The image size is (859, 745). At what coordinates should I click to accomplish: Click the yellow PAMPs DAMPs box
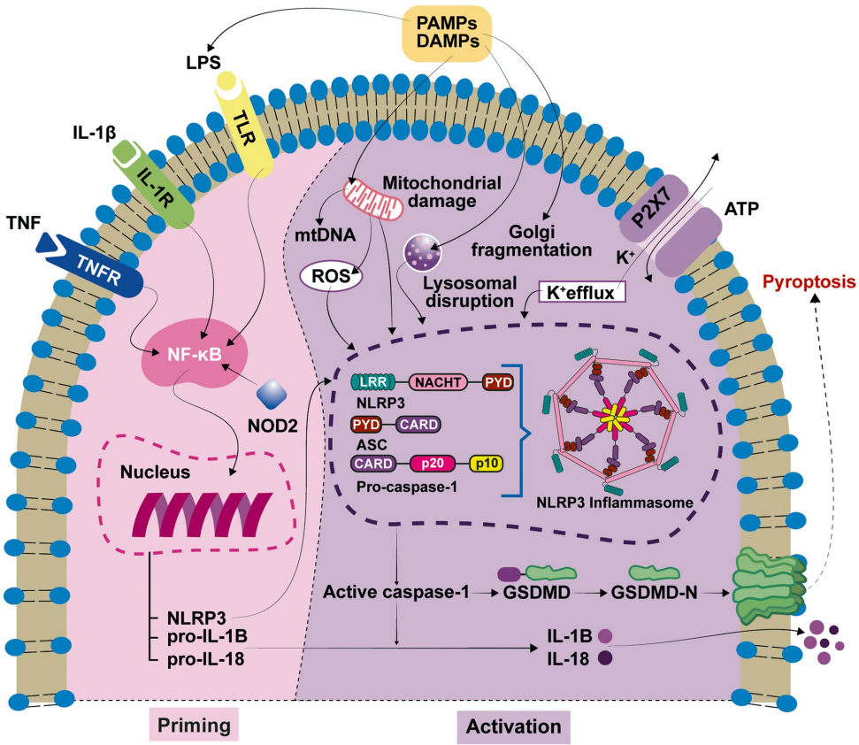pos(448,32)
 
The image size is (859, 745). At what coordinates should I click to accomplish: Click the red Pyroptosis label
pos(810,282)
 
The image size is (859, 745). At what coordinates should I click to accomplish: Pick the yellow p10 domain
pos(486,463)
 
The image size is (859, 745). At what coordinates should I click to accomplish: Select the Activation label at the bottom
pos(512,726)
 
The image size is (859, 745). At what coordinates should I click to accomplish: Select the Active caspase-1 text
pos(395,590)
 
